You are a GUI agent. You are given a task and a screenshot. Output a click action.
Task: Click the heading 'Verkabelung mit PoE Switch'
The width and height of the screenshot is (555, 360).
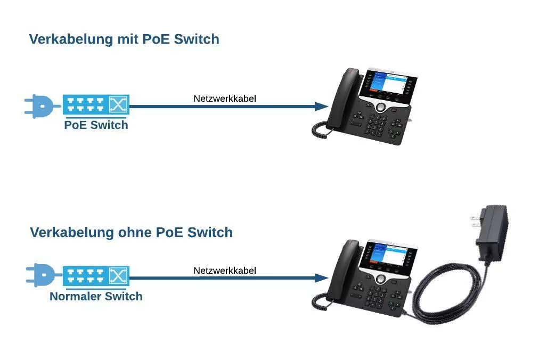pos(124,39)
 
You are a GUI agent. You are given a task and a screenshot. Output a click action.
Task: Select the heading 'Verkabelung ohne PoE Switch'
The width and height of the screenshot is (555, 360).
pos(131,232)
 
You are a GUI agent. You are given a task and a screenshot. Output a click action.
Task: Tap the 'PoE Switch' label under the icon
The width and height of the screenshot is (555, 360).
pos(96,125)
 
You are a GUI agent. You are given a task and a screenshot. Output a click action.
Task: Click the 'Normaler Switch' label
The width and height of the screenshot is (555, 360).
pos(96,297)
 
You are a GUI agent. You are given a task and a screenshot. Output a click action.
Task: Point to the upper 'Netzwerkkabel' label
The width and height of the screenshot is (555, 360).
pos(225,99)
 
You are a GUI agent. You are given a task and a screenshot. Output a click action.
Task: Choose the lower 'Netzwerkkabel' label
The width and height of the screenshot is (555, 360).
pos(225,271)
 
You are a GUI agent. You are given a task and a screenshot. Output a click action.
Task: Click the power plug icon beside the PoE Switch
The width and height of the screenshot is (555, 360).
pos(38,105)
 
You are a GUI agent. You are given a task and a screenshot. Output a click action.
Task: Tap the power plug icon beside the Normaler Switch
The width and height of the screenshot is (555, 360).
pos(39,276)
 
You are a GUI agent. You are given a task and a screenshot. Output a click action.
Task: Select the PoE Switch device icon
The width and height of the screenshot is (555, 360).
pos(96,104)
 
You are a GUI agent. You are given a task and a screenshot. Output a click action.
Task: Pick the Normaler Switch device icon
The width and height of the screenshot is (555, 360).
pos(96,276)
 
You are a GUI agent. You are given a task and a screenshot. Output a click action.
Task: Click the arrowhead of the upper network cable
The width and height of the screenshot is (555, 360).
pos(321,107)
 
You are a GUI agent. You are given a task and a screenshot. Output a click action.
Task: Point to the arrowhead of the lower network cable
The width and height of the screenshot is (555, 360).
pos(321,278)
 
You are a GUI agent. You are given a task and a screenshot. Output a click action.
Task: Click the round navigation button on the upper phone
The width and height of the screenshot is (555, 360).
pos(381,107)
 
